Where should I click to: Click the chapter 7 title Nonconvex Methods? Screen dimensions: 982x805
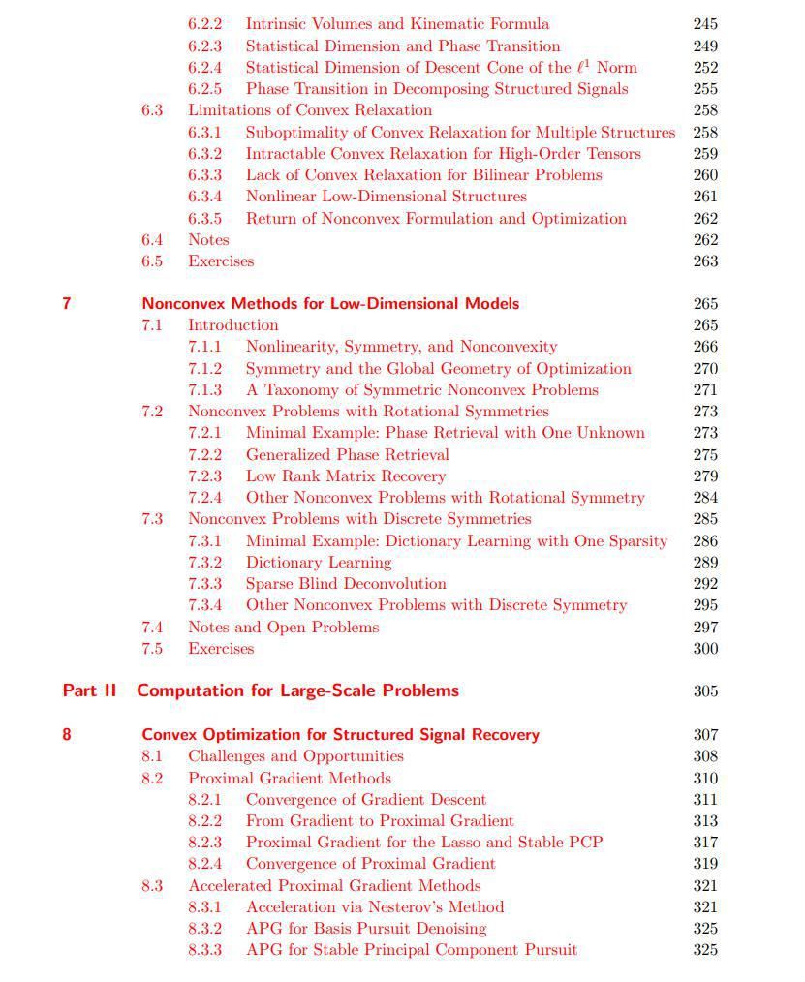click(x=329, y=303)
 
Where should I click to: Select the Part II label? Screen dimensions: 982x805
click(x=89, y=690)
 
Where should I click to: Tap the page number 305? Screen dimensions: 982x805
click(x=705, y=691)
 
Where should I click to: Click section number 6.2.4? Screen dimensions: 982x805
click(x=204, y=67)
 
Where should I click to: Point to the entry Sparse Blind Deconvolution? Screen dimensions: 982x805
click(x=345, y=584)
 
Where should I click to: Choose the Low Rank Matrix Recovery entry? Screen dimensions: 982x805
click(x=345, y=476)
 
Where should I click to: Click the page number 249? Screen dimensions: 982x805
click(x=705, y=46)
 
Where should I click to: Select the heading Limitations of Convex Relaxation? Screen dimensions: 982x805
click(x=309, y=109)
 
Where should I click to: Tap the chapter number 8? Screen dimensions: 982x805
click(x=66, y=734)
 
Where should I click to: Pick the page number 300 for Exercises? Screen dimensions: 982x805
click(x=705, y=649)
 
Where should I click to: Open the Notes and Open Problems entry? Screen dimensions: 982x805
click(x=283, y=627)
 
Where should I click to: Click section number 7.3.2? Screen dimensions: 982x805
click(x=204, y=562)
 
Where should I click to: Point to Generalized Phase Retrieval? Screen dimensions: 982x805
click(x=347, y=454)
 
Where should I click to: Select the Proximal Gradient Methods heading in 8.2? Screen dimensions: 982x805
click(x=289, y=778)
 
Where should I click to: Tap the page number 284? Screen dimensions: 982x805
click(x=705, y=498)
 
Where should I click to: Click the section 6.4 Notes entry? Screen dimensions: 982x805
click(x=208, y=239)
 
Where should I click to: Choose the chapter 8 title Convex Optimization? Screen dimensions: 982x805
click(x=340, y=734)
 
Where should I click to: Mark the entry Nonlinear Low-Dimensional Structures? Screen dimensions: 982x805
click(x=386, y=196)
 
